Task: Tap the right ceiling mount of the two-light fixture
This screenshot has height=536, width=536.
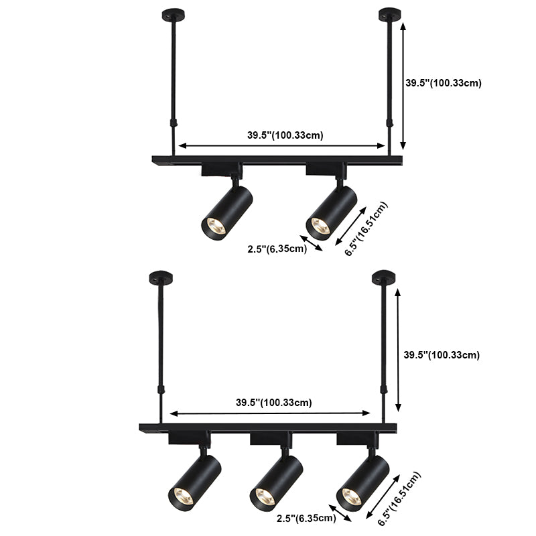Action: coord(387,14)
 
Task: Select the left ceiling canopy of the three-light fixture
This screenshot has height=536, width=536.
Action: coord(161,275)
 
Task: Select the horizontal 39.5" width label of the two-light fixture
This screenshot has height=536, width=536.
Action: coord(285,135)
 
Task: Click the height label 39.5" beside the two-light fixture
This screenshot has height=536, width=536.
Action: coord(444,83)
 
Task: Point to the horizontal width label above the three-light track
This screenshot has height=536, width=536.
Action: coord(273,403)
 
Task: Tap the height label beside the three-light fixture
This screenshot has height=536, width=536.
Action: coord(441,354)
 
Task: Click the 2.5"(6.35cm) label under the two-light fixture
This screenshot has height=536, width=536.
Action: coord(277,250)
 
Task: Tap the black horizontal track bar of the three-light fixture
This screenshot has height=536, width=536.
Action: coord(268,427)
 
